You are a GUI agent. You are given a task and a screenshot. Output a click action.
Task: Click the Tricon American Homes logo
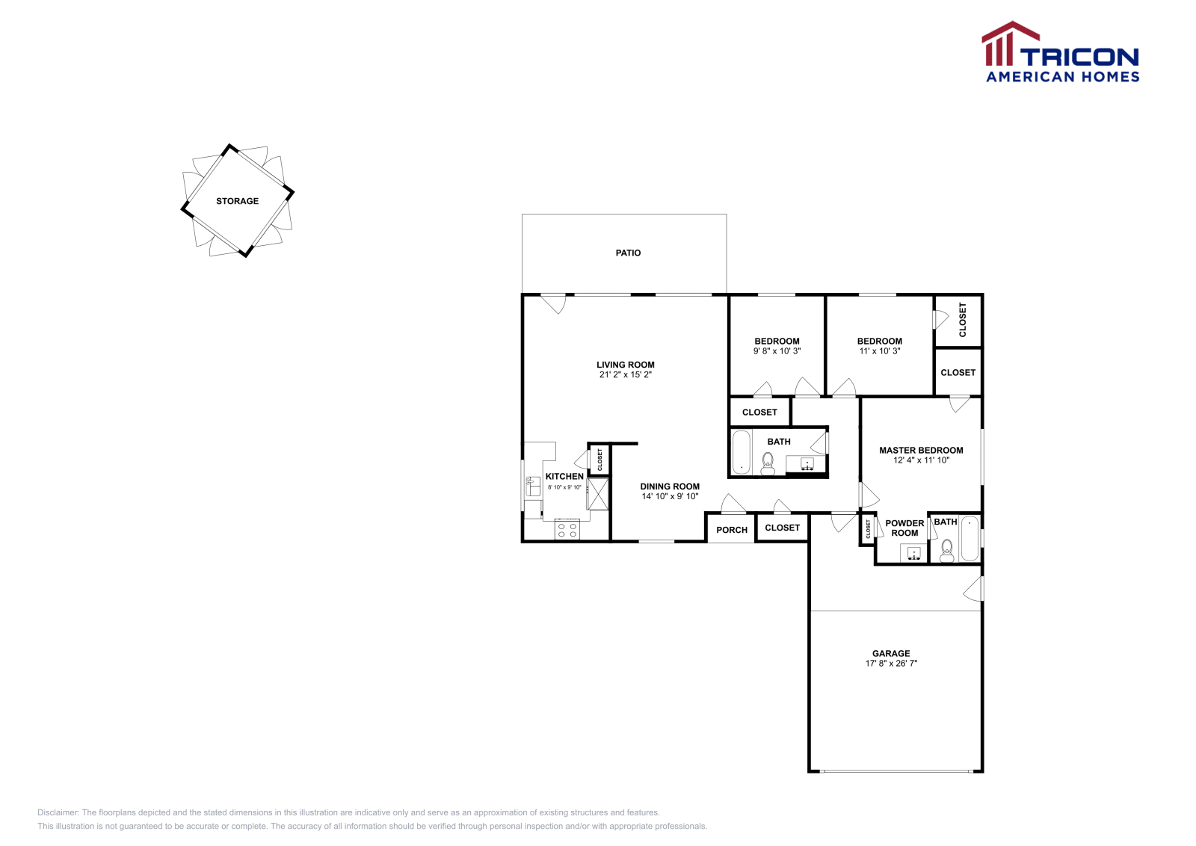[1061, 52]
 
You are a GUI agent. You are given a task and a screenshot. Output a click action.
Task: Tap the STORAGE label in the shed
[237, 201]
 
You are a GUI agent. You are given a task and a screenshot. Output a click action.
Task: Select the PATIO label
[628, 253]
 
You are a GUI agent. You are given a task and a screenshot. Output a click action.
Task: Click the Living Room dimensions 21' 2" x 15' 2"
[626, 374]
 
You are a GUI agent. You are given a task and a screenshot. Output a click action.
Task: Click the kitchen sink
[533, 487]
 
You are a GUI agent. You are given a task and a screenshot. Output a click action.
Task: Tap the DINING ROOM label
[670, 486]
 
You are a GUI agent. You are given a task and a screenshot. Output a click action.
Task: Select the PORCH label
[732, 530]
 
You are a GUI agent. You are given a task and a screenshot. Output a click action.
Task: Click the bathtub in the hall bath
[741, 452]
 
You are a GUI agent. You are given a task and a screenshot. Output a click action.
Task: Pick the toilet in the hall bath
[768, 463]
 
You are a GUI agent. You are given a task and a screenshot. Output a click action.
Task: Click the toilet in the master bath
[947, 550]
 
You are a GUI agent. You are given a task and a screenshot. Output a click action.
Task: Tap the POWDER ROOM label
[904, 528]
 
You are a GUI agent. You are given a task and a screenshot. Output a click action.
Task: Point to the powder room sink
[913, 553]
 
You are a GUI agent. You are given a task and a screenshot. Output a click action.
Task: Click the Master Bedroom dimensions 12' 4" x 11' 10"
[921, 460]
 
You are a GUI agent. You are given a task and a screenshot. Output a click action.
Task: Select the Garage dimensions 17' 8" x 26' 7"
[891, 663]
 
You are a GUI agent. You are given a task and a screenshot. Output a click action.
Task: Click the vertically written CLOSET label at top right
[963, 320]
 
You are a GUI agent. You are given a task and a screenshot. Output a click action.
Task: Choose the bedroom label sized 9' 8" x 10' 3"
[777, 341]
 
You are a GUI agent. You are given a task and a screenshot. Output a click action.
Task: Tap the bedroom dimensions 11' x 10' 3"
[880, 351]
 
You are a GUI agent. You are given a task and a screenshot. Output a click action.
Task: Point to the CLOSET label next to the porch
[782, 528]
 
